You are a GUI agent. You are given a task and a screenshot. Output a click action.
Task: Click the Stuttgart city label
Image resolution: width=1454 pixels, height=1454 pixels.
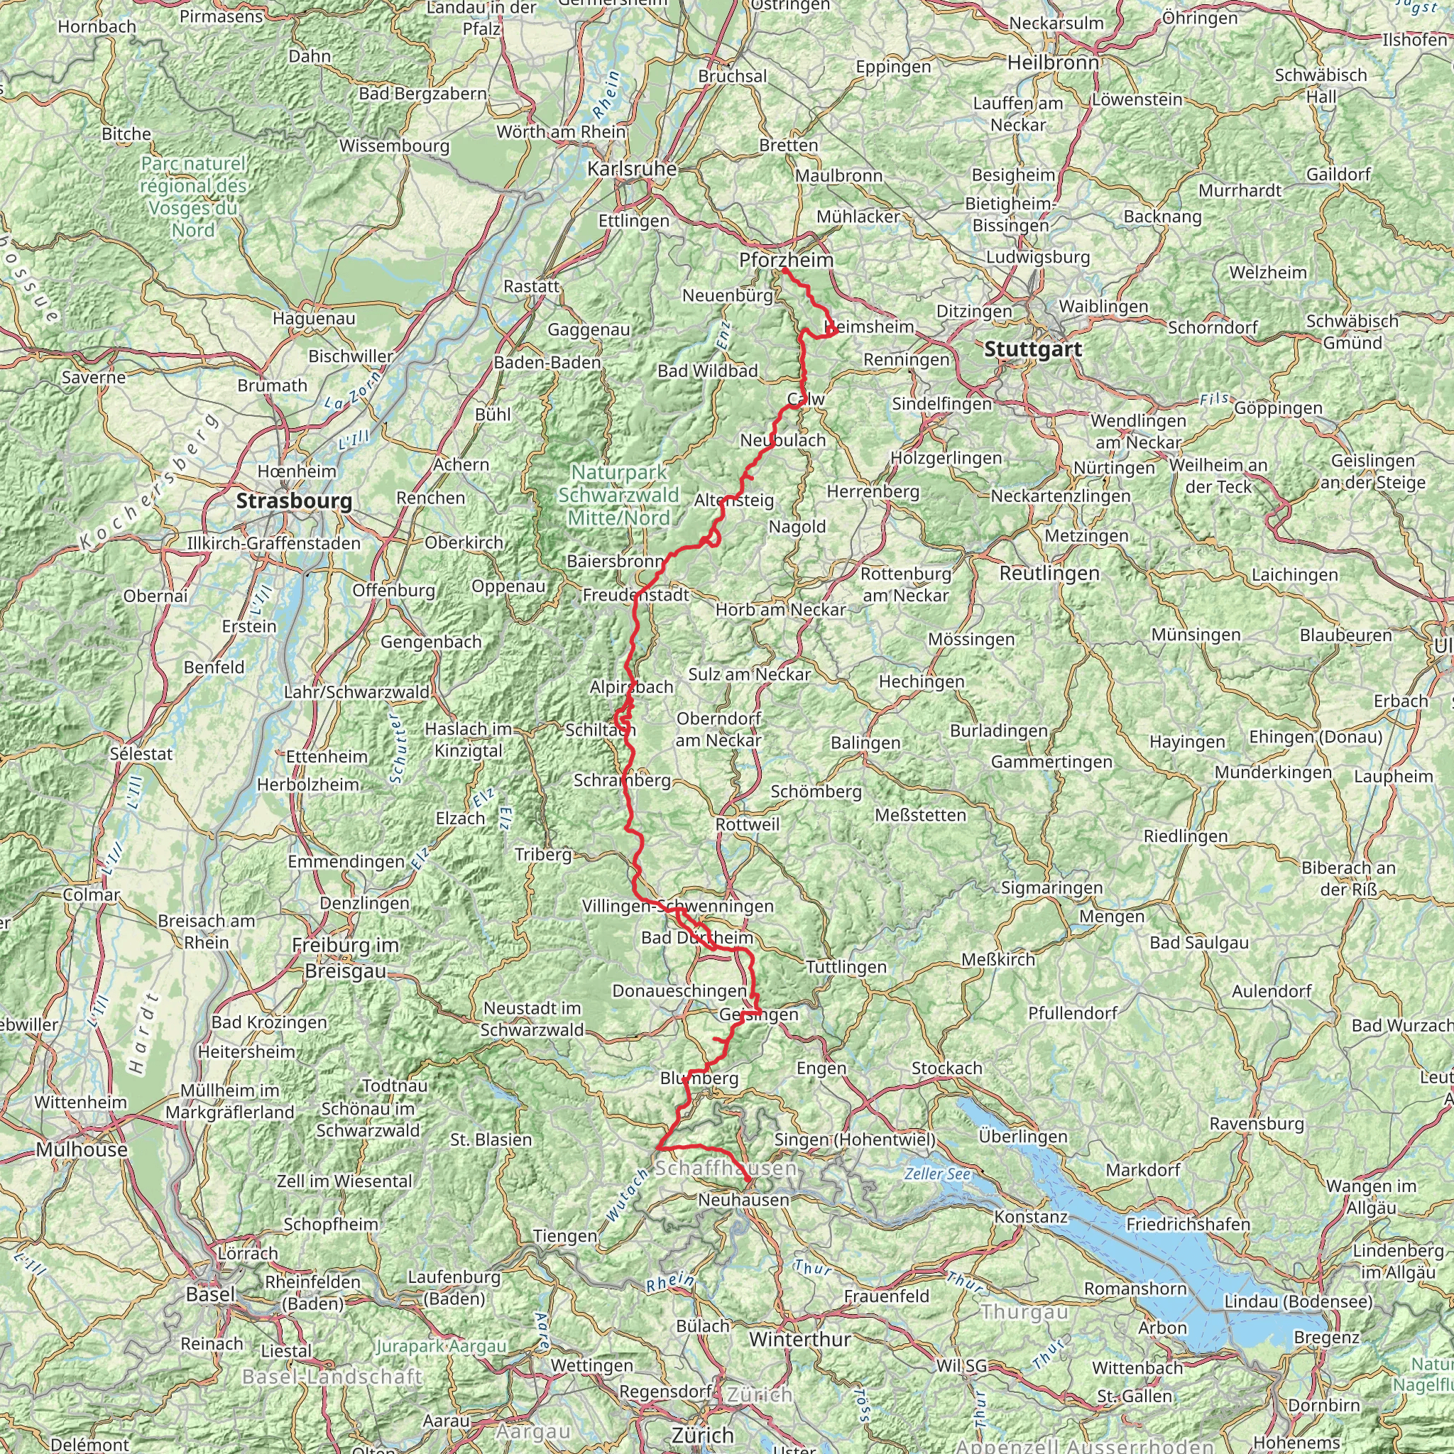pyautogui.click(x=1032, y=349)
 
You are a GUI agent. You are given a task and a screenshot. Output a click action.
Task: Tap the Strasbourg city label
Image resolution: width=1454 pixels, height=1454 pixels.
pyautogui.click(x=293, y=501)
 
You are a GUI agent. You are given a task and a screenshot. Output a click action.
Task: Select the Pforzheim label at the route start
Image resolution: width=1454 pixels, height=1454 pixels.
pyautogui.click(x=786, y=261)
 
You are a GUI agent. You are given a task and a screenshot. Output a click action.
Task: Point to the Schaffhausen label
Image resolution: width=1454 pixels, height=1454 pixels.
pyautogui.click(x=726, y=1168)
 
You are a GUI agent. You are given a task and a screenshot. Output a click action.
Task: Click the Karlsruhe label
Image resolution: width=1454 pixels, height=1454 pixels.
pyautogui.click(x=632, y=170)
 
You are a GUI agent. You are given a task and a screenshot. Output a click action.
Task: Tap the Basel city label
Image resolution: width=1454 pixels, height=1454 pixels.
pyautogui.click(x=211, y=1294)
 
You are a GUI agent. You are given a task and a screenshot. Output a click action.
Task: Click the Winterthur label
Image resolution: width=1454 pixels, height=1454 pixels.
pyautogui.click(x=800, y=1340)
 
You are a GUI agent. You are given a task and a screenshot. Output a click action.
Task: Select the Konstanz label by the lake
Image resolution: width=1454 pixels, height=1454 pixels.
pyautogui.click(x=1030, y=1217)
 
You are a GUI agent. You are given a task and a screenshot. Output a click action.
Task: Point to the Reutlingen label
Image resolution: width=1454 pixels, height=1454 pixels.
pyautogui.click(x=1049, y=574)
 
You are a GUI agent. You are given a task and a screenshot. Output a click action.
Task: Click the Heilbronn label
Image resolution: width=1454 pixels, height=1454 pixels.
pyautogui.click(x=1053, y=63)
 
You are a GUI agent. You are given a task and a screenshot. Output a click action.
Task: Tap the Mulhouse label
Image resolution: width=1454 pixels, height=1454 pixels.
pyautogui.click(x=81, y=1150)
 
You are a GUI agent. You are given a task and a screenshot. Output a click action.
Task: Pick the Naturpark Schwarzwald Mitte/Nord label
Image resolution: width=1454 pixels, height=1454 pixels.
pyautogui.click(x=618, y=496)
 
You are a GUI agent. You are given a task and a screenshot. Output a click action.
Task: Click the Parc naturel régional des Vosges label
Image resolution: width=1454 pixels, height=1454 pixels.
pyautogui.click(x=193, y=197)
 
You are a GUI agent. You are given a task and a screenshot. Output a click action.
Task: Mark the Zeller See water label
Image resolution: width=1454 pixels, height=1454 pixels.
pyautogui.click(x=937, y=1174)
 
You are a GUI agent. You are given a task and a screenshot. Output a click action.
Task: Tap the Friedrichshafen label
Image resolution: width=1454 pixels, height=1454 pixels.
pyautogui.click(x=1188, y=1225)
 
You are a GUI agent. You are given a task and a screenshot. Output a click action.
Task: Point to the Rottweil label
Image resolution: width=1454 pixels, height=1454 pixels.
pyautogui.click(x=748, y=825)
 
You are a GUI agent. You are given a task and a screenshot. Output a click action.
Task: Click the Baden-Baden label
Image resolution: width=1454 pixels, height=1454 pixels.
pyautogui.click(x=547, y=363)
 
